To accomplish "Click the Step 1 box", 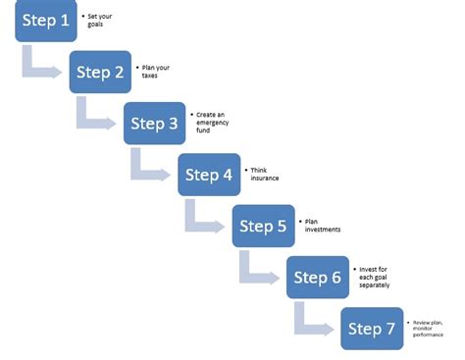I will (45, 21).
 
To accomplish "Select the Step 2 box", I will (100, 72).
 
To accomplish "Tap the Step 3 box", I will (154, 124).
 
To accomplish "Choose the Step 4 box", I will (209, 175).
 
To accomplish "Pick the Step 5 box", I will (263, 226).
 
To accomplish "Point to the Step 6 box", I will (317, 277).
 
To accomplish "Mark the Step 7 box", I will (372, 329).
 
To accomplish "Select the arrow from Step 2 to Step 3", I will (94, 119).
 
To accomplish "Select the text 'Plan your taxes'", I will (155, 72).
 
